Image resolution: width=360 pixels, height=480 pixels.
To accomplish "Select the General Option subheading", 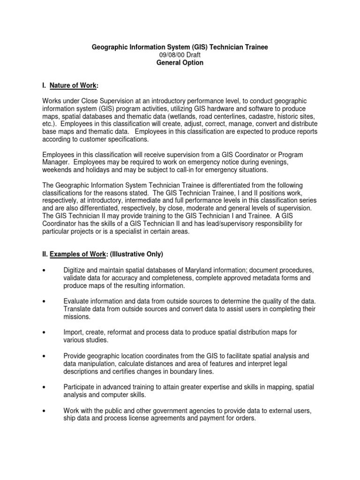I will click(x=180, y=63).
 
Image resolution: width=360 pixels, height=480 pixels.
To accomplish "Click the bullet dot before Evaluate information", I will click(x=44, y=301).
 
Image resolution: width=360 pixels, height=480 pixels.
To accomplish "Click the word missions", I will click(x=77, y=317).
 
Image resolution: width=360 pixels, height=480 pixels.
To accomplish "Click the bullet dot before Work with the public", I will click(x=44, y=411).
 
